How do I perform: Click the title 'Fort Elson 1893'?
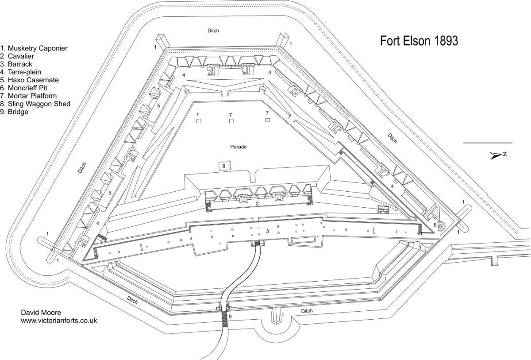click(419, 41)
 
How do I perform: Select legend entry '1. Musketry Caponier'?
click(34, 48)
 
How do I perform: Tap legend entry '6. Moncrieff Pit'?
click(28, 88)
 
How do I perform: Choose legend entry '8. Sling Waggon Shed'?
click(35, 104)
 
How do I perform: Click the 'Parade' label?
click(238, 147)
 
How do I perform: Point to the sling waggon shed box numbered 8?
click(224, 166)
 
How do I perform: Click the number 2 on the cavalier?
click(256, 204)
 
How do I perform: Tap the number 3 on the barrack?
click(267, 231)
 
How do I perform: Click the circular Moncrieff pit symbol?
click(441, 225)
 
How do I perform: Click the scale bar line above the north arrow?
click(488, 143)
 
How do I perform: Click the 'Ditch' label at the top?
click(213, 31)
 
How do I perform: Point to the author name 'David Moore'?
click(38, 312)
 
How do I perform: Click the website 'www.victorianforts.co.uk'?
click(59, 320)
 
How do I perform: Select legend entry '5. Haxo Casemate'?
click(30, 80)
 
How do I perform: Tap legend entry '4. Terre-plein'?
click(23, 72)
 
